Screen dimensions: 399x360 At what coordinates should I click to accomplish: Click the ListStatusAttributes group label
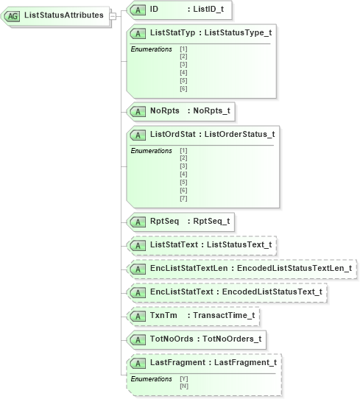pyautogui.click(x=64, y=15)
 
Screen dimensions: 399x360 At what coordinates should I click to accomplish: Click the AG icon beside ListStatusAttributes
pyautogui.click(x=13, y=15)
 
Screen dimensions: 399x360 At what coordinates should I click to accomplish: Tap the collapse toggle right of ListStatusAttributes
pyautogui.click(x=112, y=15)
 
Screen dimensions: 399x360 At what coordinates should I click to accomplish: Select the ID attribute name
pyautogui.click(x=154, y=10)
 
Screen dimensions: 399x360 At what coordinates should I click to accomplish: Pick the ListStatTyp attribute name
pyautogui.click(x=174, y=33)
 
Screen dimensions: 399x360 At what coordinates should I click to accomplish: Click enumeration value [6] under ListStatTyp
pyautogui.click(x=183, y=89)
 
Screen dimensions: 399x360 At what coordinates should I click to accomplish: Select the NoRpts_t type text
pyautogui.click(x=210, y=112)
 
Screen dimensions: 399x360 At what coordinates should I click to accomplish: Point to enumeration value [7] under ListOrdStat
pyautogui.click(x=183, y=199)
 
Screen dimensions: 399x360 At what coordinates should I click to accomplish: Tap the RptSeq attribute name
pyautogui.click(x=164, y=221)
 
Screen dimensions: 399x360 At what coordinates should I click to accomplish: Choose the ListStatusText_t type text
pyautogui.click(x=239, y=244)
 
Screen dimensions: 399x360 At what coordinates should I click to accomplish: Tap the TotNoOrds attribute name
pyautogui.click(x=172, y=339)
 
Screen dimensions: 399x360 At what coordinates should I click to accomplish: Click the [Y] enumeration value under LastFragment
pyautogui.click(x=183, y=378)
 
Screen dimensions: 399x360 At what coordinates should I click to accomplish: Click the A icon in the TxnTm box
pyautogui.click(x=137, y=316)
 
